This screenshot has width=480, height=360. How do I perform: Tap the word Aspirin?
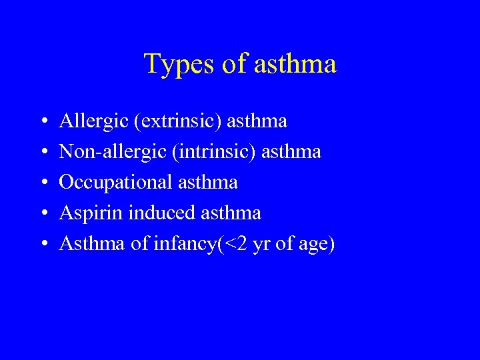pos(91,213)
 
